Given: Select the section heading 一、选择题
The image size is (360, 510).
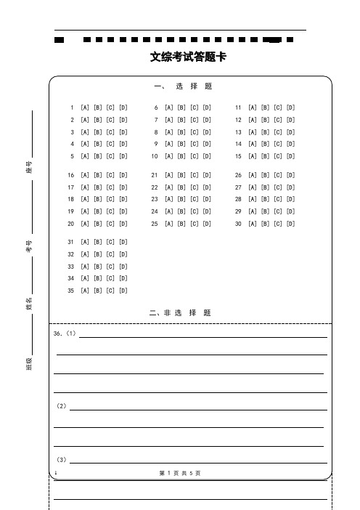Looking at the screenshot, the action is tap(184, 86).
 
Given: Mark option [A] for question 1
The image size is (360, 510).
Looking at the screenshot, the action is tap(85, 108).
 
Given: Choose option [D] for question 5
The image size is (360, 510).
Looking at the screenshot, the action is tap(123, 156).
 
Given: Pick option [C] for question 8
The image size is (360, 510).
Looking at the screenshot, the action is tap(194, 132).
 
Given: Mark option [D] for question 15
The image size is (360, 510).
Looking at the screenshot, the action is tap(290, 156).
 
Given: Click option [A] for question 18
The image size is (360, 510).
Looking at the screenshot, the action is tap(85, 199).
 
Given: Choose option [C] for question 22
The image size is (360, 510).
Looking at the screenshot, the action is tap(194, 187).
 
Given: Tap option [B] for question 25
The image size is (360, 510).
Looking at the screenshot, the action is tap(181, 224).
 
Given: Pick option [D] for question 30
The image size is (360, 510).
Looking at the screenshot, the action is tap(290, 224).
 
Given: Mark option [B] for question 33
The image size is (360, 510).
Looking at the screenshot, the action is tap(98, 267).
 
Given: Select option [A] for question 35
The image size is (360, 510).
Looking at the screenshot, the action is tap(85, 291).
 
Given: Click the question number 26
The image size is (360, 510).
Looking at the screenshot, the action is tap(238, 175).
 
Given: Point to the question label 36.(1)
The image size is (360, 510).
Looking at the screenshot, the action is tap(65, 334).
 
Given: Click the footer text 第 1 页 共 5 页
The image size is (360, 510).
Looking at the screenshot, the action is tap(179, 473).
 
